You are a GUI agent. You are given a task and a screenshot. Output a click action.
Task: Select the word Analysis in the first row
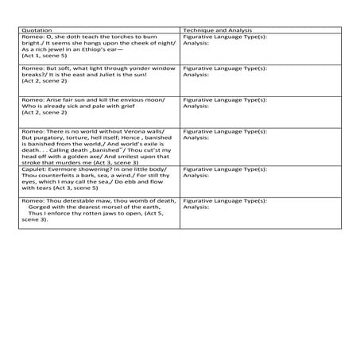(x=195, y=43)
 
